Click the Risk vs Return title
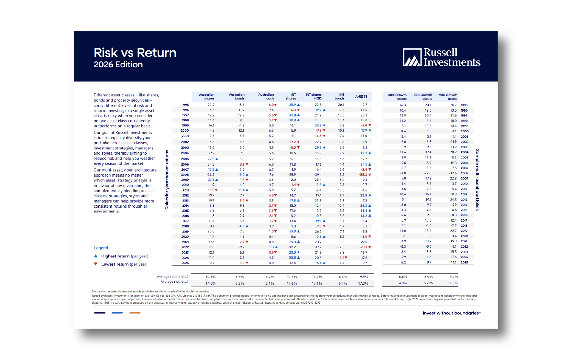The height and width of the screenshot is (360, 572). pos(135,53)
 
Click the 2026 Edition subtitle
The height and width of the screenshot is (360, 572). pos(118,65)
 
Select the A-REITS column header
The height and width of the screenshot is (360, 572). pos(361,97)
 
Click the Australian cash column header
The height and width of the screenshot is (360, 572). pos(266,97)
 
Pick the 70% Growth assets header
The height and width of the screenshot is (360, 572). pos(423,97)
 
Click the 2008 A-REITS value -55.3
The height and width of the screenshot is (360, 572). pos(363,175)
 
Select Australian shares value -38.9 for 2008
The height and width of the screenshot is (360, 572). pos(211,175)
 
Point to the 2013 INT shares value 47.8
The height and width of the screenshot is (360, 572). pos(292,201)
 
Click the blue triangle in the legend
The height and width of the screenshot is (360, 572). pos(96,256)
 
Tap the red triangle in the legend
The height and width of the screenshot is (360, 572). pos(96,264)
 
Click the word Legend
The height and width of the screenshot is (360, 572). pos(101,248)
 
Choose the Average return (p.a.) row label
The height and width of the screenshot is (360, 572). pos(172,277)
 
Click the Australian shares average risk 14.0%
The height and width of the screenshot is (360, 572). pos(211,283)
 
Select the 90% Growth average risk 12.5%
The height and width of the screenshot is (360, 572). pos(453,283)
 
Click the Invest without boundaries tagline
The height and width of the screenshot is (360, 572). pos(451,313)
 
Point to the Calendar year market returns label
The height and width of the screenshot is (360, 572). pos(167,180)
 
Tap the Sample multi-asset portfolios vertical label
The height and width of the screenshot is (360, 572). pos(477,180)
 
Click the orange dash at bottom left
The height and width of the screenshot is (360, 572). pos(135,313)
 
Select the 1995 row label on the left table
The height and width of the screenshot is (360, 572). pos(185,105)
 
